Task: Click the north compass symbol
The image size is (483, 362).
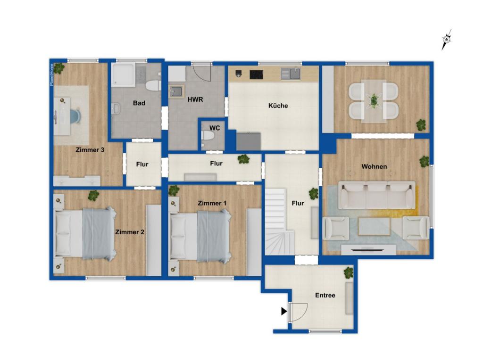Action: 446,40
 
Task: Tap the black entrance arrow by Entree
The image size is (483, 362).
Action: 283,311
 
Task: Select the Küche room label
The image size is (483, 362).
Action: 278,106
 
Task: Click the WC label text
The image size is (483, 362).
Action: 215,128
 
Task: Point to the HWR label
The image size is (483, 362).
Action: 195,100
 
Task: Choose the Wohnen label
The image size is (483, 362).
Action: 374,166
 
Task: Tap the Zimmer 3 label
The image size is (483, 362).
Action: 90,150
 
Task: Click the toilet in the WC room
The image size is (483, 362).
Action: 208,136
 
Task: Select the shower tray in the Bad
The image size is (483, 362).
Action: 123,74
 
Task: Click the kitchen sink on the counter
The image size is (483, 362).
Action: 291,74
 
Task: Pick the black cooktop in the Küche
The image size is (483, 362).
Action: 256,74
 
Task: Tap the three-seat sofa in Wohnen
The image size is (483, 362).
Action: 376,195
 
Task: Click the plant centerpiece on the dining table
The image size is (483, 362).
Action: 374,101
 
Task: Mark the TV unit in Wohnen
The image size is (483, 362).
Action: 368,250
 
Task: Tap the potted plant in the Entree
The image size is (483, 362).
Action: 349,272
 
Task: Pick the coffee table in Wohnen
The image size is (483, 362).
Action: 374,227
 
